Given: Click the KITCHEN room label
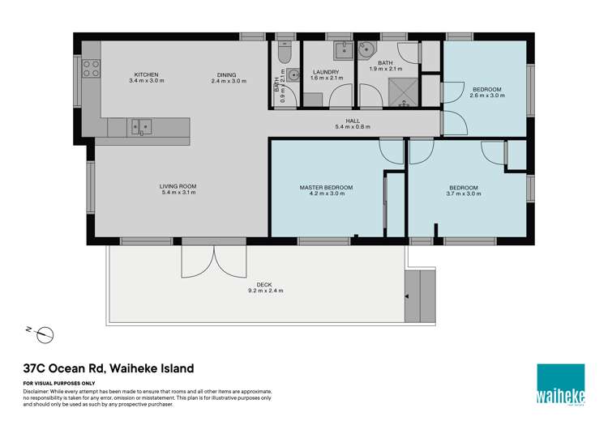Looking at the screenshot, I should tap(147, 74).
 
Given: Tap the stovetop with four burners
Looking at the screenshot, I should tap(91, 68).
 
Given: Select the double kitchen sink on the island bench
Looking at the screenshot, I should tap(140, 126).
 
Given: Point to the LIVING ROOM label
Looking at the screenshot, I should tap(178, 187).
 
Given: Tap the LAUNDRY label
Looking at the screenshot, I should tap(325, 72).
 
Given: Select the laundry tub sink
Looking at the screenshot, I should tap(344, 49).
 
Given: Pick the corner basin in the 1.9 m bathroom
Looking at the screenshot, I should tap(369, 50).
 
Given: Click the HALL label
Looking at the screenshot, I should tap(353, 121).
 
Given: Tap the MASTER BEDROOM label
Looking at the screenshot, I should tap(322, 187).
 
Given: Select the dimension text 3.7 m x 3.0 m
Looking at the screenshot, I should tap(464, 194).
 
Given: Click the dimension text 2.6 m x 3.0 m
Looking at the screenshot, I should tap(487, 96).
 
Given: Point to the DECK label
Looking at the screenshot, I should tap(264, 284).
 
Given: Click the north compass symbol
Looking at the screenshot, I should tap(45, 333).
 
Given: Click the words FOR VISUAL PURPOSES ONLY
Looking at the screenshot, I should tap(59, 383).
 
